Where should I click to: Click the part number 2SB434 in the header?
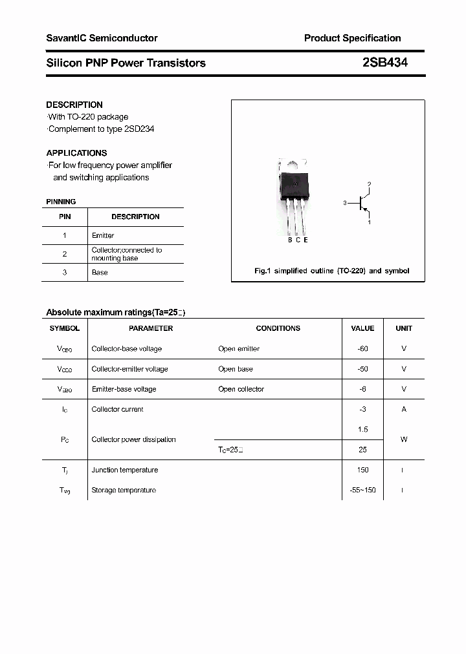384,63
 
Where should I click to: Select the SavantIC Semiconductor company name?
102,38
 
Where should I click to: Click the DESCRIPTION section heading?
74,105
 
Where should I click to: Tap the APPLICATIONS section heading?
76,153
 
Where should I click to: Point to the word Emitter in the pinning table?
103,235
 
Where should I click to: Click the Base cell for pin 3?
100,272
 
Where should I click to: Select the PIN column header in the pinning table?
65,216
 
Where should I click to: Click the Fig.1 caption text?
331,271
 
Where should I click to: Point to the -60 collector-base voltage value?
362,348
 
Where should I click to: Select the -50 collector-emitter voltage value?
362,369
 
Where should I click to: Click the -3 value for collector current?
362,409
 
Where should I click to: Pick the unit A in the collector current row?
404,409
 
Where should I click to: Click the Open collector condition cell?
241,389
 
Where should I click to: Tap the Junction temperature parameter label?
125,470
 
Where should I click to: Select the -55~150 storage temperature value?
362,490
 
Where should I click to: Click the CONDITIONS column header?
278,328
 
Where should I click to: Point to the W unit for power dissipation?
404,439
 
